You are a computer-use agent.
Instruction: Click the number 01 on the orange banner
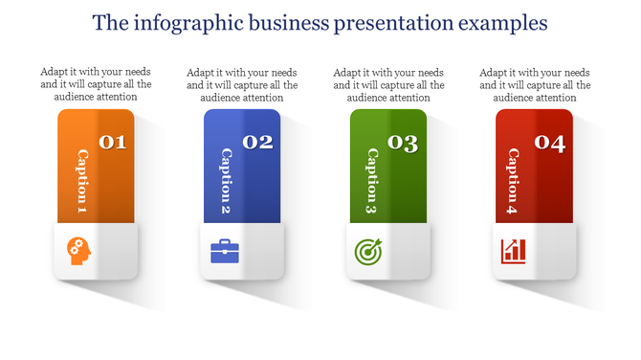[x=113, y=143]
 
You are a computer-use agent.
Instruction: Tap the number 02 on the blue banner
[x=258, y=143]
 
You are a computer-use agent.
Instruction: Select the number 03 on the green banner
[x=403, y=144]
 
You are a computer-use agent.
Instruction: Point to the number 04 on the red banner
[x=549, y=144]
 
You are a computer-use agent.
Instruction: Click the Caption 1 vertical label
[x=82, y=181]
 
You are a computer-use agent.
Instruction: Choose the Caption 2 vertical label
[x=228, y=181]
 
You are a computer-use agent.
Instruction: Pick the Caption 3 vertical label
[x=373, y=181]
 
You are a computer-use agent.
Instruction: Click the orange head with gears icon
[x=79, y=251]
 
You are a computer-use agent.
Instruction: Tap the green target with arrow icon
[x=368, y=251]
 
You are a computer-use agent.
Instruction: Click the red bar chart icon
[x=514, y=251]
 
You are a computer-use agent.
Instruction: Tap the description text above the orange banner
[x=96, y=84]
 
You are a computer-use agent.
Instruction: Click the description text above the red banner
[x=535, y=84]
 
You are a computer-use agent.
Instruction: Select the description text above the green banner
[x=387, y=84]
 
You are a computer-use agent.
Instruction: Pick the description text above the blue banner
[x=242, y=84]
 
